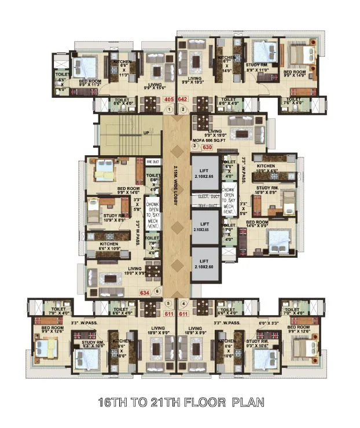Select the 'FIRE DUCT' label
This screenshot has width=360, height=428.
point(152,163)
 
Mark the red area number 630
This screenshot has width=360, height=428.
point(207,147)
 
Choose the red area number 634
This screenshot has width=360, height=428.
point(145,292)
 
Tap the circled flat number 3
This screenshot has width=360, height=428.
point(194,147)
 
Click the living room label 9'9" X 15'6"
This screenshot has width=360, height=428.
point(155,87)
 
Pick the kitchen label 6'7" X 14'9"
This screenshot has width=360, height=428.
point(226,65)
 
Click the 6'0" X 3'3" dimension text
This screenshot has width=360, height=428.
point(269,323)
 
